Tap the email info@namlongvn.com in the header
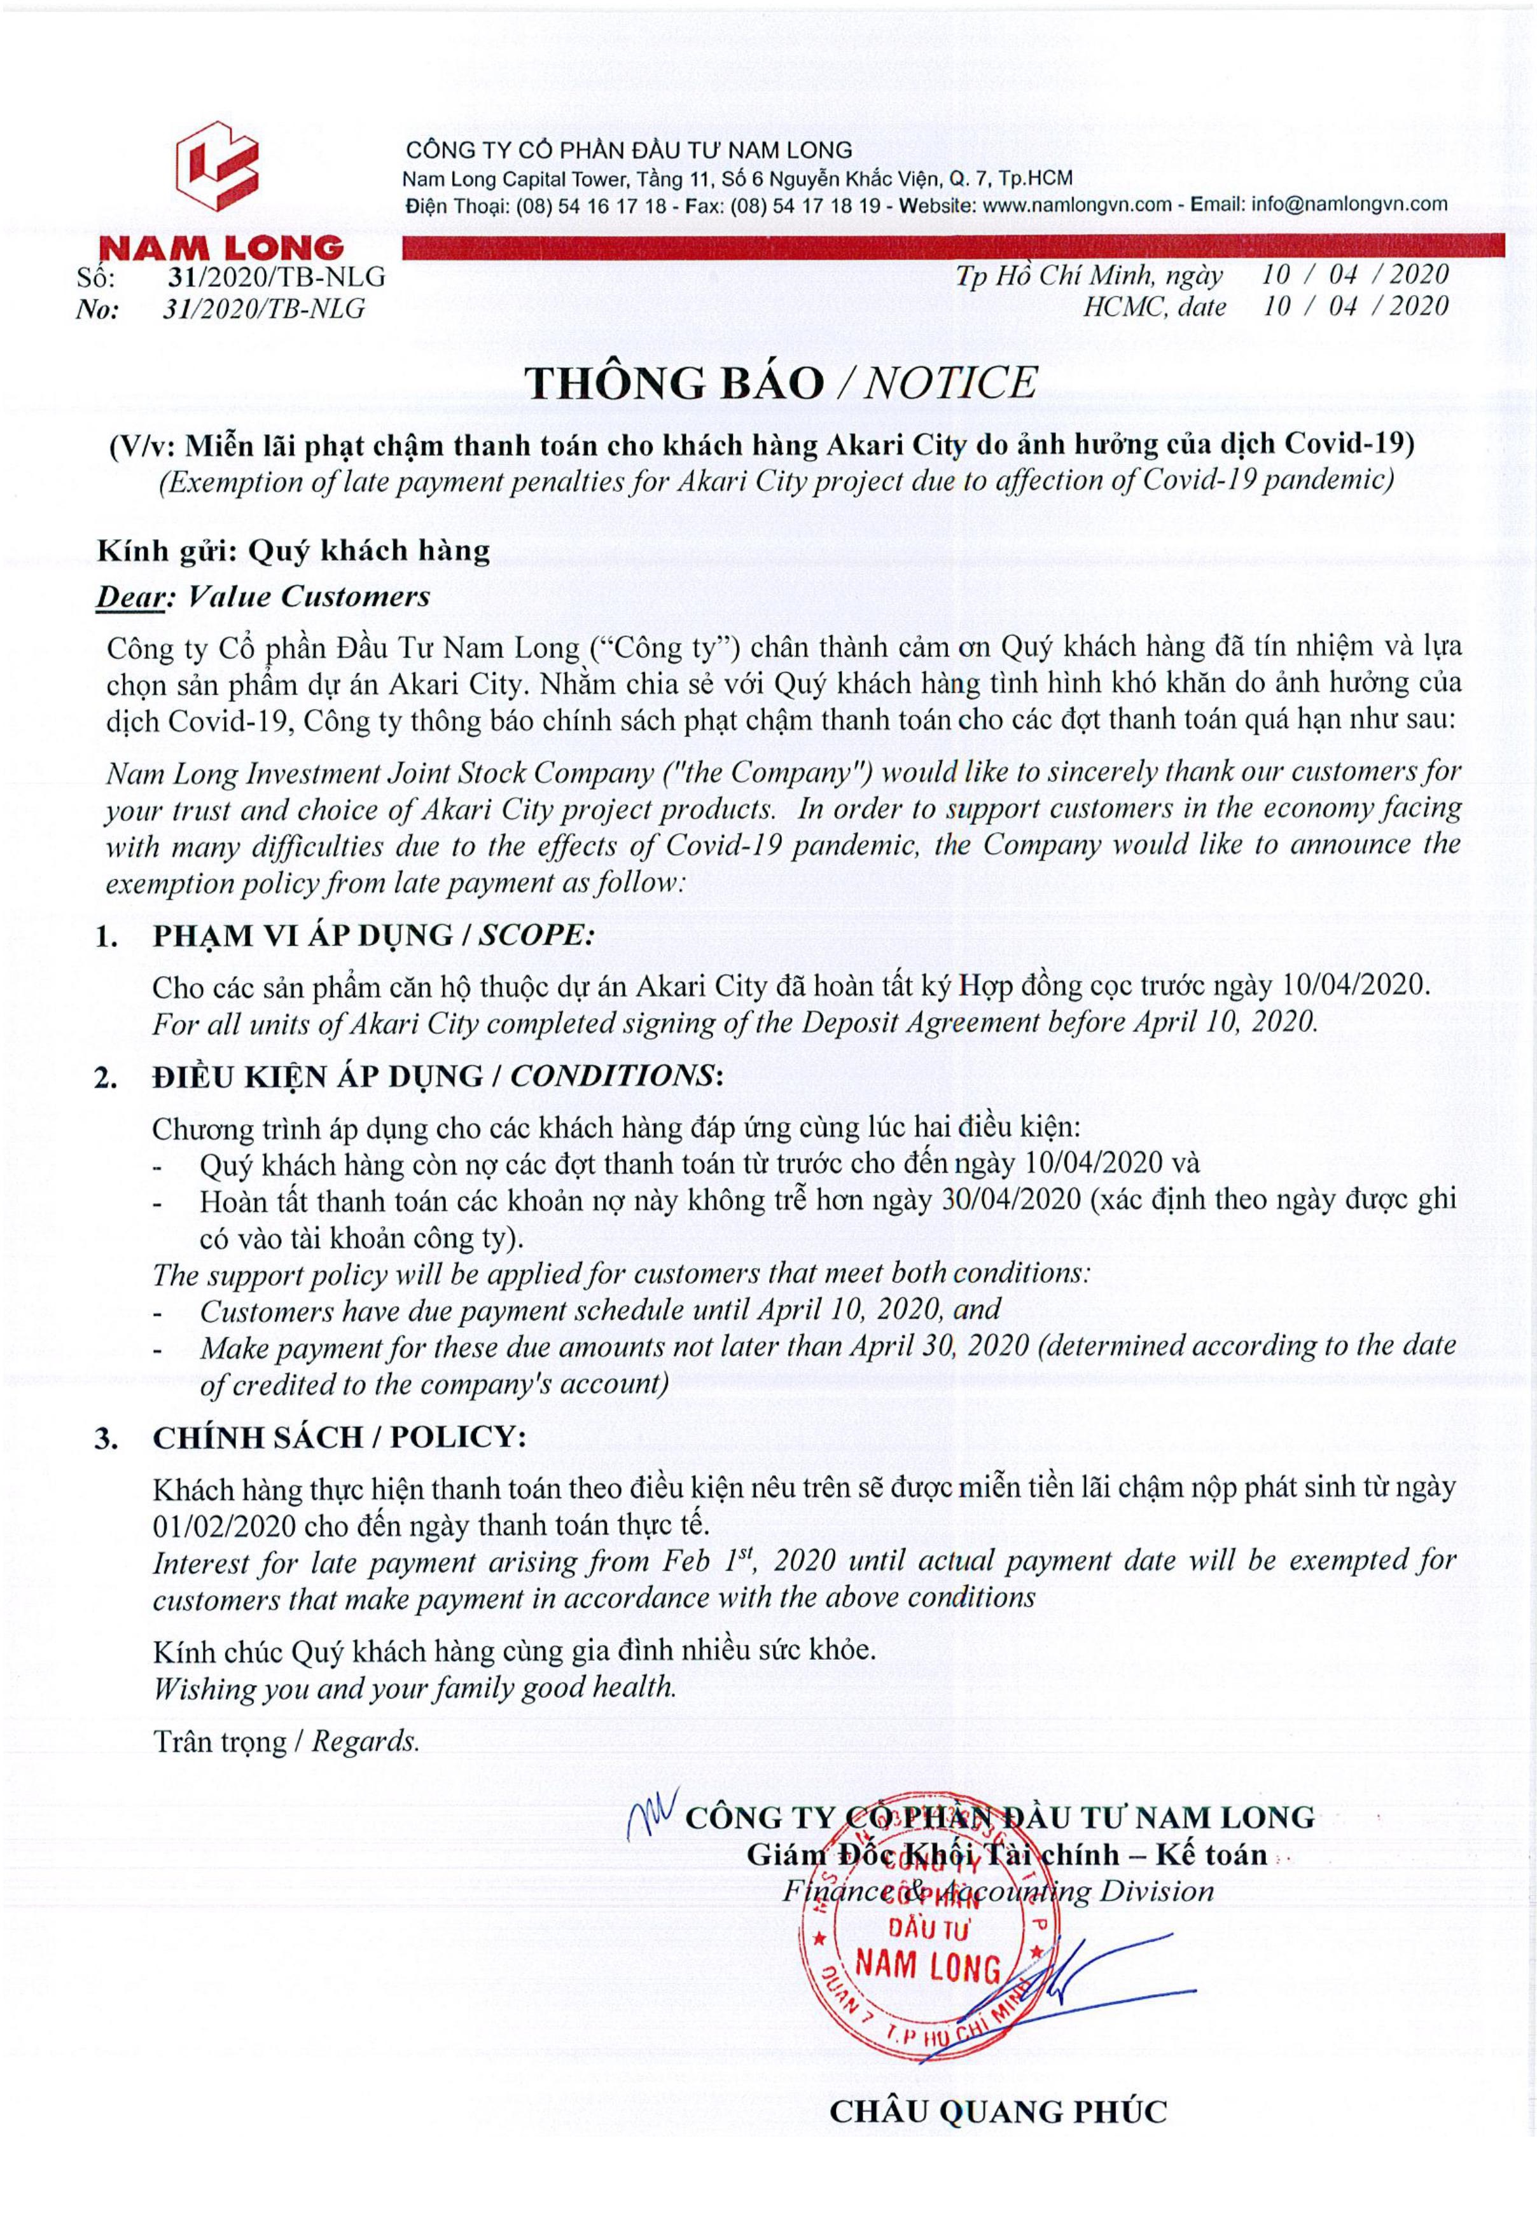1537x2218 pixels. tap(1348, 204)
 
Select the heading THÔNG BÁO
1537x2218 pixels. tap(674, 383)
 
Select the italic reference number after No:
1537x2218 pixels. tap(265, 309)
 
